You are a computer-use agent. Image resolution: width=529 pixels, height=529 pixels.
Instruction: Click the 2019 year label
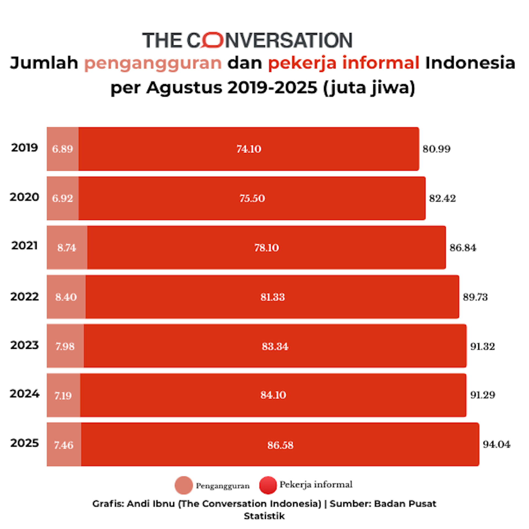[x=25, y=148]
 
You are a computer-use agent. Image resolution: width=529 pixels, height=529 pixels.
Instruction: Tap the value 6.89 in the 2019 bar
[x=63, y=149]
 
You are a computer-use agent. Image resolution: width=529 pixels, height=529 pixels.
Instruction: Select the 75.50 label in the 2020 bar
[x=252, y=198]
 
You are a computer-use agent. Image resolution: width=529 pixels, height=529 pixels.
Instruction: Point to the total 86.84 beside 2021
[x=463, y=248]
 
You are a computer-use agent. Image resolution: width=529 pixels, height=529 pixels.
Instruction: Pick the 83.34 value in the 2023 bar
[x=275, y=346]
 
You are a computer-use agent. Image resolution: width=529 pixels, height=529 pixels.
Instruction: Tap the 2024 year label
[x=25, y=394]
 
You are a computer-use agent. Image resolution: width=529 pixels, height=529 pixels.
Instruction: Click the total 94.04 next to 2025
[x=496, y=444]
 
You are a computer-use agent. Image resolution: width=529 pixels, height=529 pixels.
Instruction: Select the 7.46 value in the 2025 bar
[x=64, y=445]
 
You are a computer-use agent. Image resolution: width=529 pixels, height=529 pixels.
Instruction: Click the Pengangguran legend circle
[x=183, y=485]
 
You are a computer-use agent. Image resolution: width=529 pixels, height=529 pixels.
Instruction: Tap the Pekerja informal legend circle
[x=268, y=485]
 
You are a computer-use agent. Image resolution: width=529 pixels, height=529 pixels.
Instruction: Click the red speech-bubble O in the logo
[x=212, y=40]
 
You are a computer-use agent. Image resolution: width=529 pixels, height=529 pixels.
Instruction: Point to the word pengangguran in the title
[x=153, y=63]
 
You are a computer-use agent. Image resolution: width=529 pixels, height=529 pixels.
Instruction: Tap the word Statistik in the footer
[x=264, y=516]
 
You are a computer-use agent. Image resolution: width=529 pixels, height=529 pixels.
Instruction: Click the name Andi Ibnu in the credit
[x=151, y=504]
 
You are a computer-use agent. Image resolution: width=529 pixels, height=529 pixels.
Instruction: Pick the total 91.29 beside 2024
[x=482, y=395]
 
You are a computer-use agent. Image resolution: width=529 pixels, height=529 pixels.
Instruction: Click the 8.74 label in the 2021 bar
[x=66, y=248]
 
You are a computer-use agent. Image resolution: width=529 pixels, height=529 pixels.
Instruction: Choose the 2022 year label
[x=25, y=297]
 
